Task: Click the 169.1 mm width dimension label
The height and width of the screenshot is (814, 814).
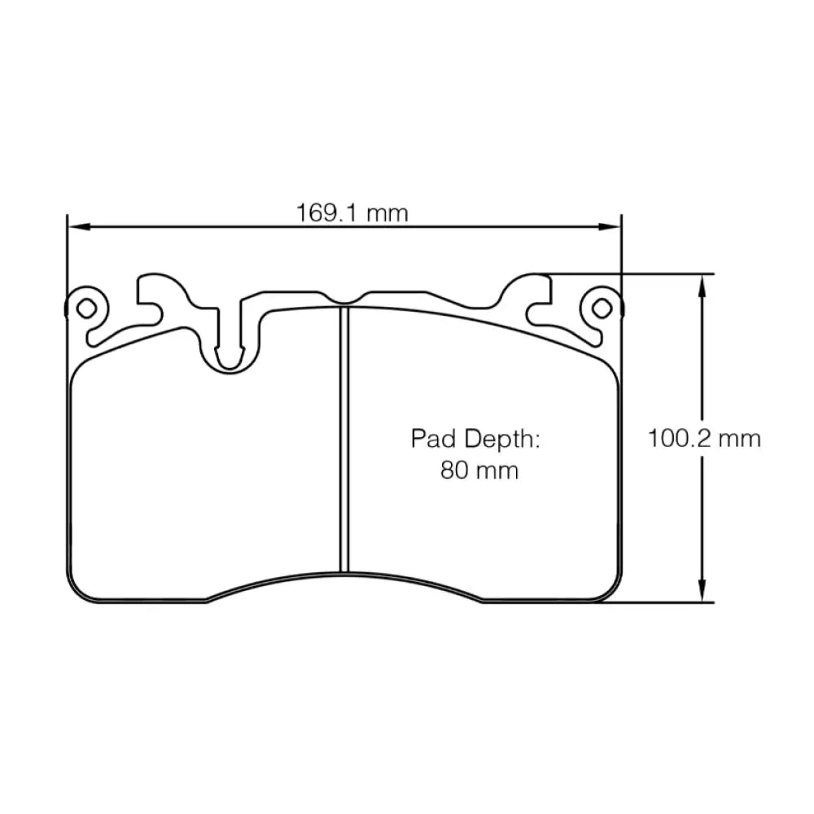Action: click(352, 213)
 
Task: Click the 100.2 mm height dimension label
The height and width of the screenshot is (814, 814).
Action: click(704, 439)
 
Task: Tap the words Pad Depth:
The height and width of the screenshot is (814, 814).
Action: click(475, 440)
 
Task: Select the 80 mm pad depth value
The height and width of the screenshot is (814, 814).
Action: click(479, 470)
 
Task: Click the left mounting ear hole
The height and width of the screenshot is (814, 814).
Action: click(85, 308)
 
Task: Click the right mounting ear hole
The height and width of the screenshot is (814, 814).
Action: click(601, 308)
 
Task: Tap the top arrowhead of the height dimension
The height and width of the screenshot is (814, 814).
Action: click(702, 281)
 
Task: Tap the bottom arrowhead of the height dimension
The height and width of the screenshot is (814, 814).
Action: click(702, 595)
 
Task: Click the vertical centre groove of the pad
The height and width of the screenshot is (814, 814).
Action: click(344, 440)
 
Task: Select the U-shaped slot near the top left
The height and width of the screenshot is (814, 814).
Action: click(230, 346)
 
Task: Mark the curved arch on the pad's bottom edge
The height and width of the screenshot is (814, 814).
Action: click(344, 573)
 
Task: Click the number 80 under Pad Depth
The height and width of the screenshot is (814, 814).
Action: click(454, 470)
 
